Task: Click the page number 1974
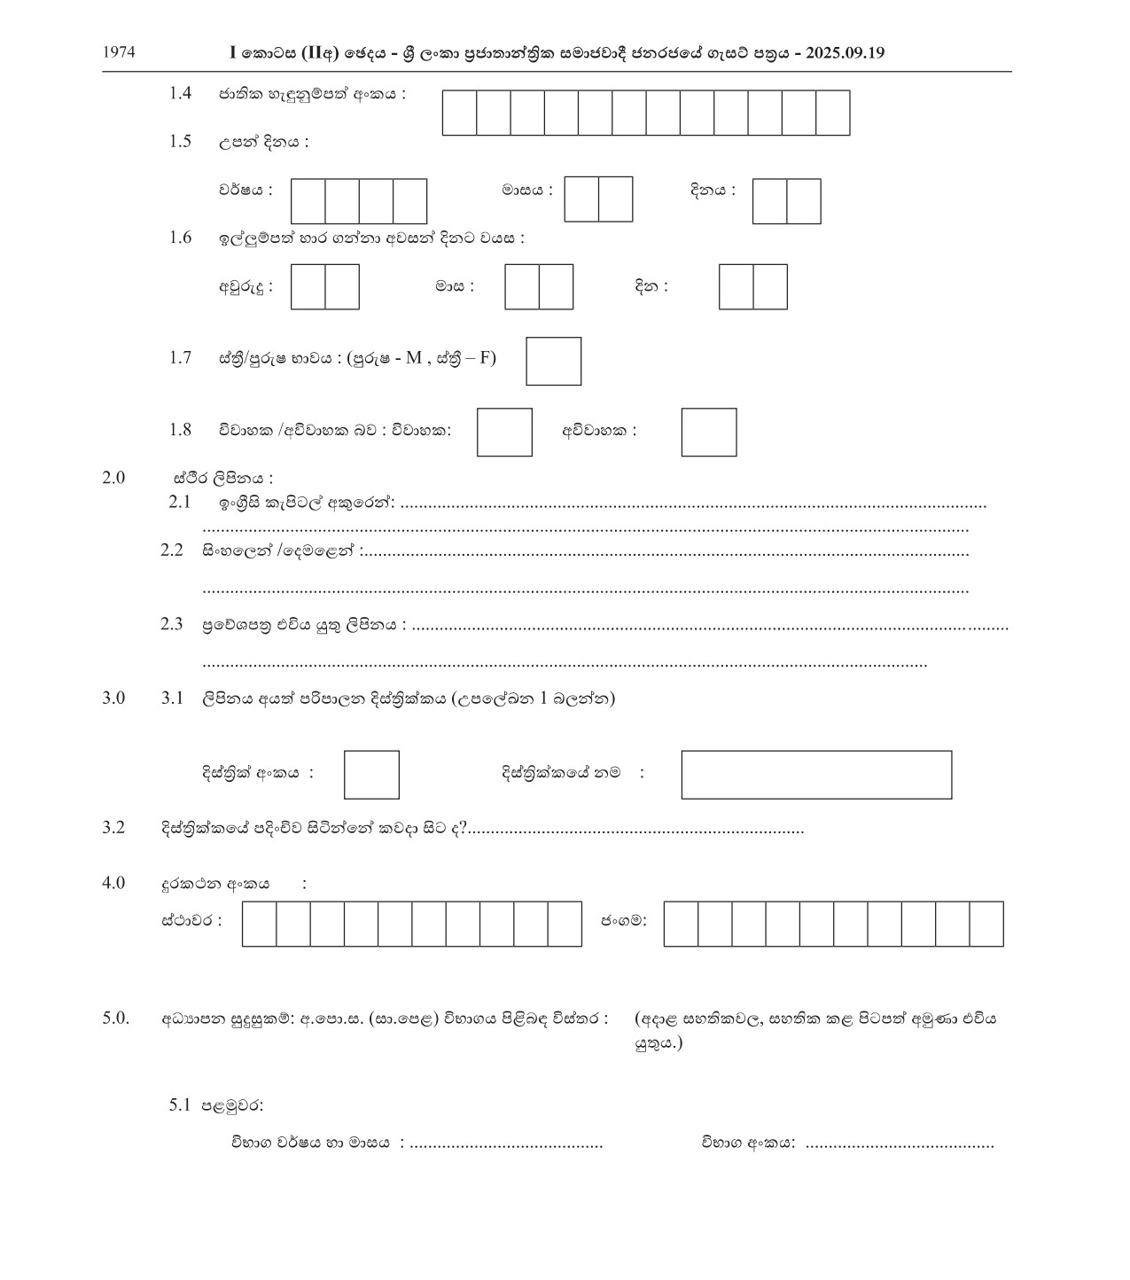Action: pyautogui.click(x=119, y=52)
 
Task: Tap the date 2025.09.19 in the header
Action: pyautogui.click(x=846, y=53)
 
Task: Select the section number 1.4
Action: pyautogui.click(x=180, y=93)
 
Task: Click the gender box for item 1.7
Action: pyautogui.click(x=553, y=361)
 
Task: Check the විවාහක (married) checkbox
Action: pyautogui.click(x=504, y=432)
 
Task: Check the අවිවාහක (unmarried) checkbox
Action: pyautogui.click(x=708, y=432)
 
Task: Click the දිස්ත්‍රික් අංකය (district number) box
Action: pyautogui.click(x=371, y=775)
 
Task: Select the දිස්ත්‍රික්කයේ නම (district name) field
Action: pyautogui.click(x=815, y=775)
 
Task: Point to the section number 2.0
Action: pyautogui.click(x=113, y=478)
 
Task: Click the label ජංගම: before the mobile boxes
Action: pyautogui.click(x=624, y=920)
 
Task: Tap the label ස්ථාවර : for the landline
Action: pyautogui.click(x=191, y=920)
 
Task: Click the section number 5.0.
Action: pyautogui.click(x=115, y=1018)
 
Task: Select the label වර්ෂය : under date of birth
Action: pyautogui.click(x=245, y=190)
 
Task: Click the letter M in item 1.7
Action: pyautogui.click(x=414, y=358)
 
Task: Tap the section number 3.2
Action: pyautogui.click(x=113, y=828)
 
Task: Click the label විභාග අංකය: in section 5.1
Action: pyautogui.click(x=748, y=1143)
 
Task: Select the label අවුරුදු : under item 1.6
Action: pyautogui.click(x=245, y=286)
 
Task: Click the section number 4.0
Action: pyautogui.click(x=113, y=883)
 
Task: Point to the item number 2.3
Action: pyautogui.click(x=171, y=624)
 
